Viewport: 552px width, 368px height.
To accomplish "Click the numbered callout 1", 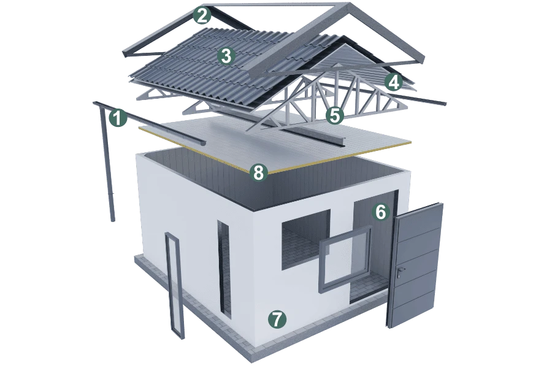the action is point(118,118).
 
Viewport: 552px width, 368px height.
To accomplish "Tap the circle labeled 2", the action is point(202,16).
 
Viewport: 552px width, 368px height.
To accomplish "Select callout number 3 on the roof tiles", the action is point(226,56).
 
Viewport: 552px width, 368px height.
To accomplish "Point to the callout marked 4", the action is point(394,82).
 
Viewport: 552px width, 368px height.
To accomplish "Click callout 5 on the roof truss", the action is point(334,115).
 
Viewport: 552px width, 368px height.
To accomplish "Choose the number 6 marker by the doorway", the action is point(380,212).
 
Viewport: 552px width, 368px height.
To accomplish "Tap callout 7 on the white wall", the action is point(277,319).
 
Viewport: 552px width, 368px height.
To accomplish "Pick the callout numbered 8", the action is point(258,172).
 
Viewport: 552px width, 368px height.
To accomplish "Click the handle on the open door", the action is point(401,271).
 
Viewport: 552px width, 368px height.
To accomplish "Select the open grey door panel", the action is point(415,264).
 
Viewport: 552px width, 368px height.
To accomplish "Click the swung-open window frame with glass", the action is point(345,259).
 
